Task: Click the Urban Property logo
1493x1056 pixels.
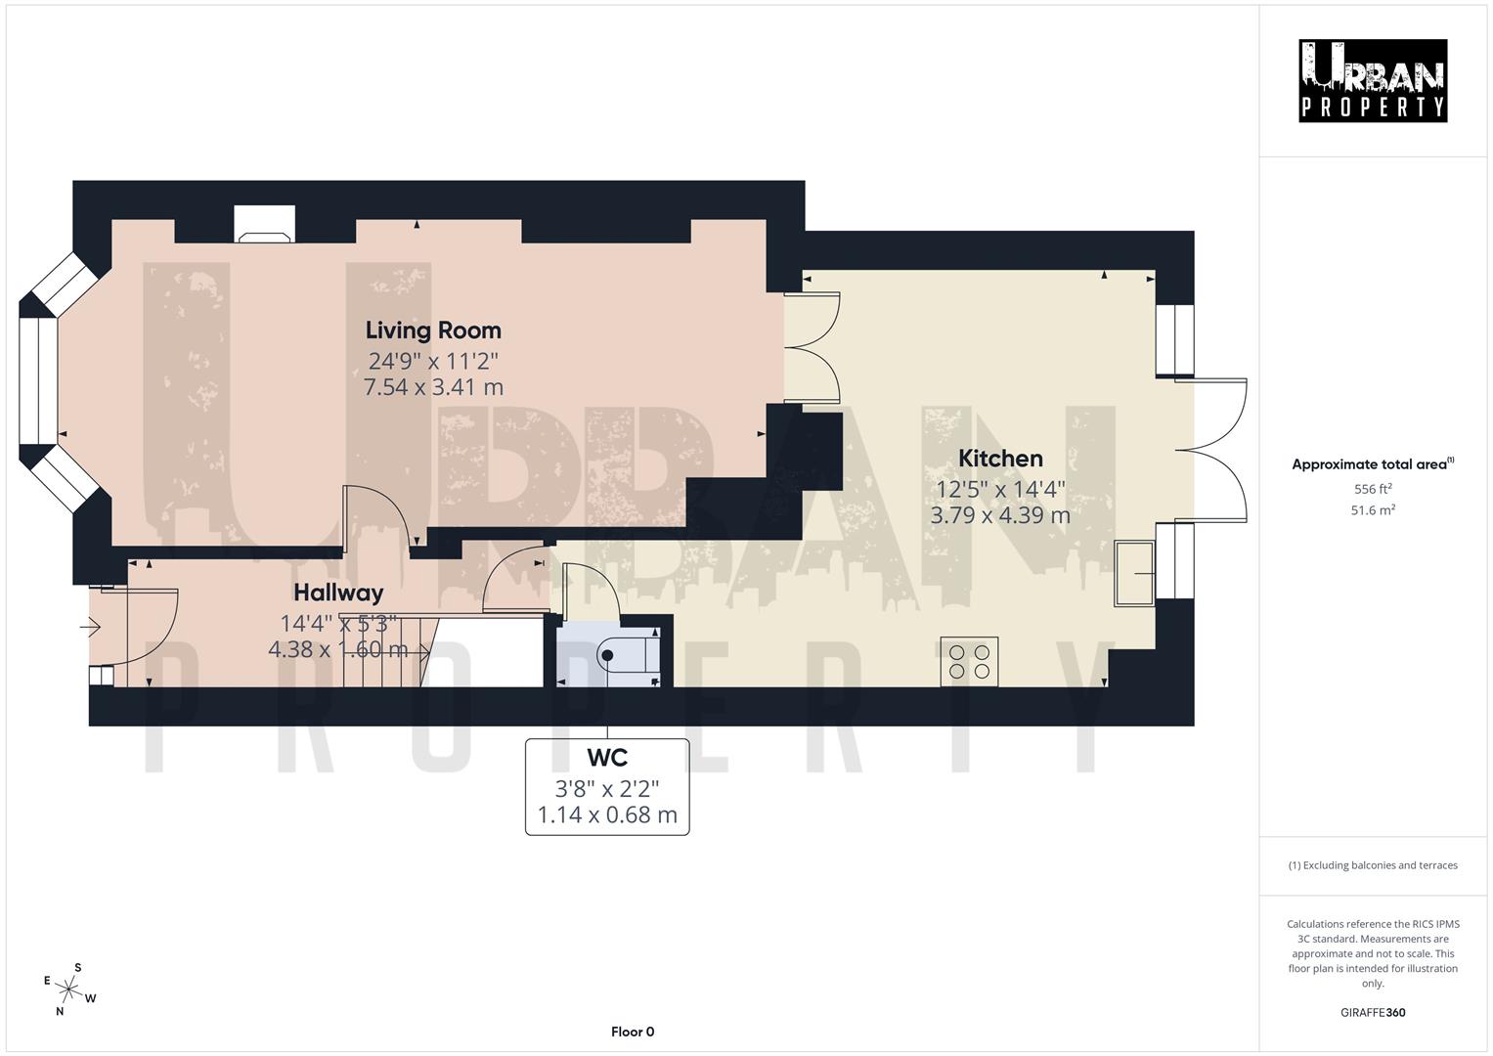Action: click(1372, 80)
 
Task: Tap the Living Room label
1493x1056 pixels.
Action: click(433, 330)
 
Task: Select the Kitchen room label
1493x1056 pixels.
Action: click(999, 459)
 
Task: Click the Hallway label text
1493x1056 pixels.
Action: click(338, 593)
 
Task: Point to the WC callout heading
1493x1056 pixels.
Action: click(606, 758)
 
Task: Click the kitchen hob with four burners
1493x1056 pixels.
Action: click(969, 661)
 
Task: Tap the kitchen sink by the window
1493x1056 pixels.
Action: click(1134, 572)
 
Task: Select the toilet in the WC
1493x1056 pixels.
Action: click(632, 654)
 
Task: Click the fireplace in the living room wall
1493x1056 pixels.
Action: click(264, 225)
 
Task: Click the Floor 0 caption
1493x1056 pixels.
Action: click(632, 1032)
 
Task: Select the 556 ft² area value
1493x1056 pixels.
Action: click(1372, 489)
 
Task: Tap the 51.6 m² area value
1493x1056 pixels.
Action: click(1372, 510)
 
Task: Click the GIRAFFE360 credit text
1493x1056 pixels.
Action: click(1372, 1012)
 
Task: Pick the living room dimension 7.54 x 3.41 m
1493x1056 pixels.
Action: click(433, 387)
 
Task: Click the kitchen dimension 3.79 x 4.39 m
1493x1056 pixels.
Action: click(999, 515)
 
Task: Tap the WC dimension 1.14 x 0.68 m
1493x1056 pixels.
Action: click(606, 815)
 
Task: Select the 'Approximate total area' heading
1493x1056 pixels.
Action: click(1372, 464)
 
